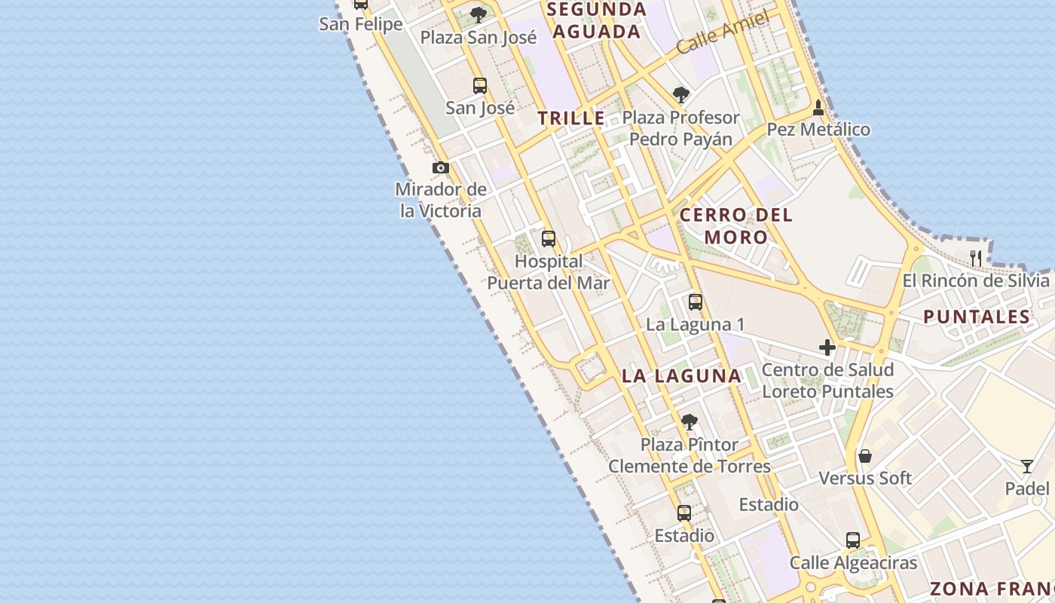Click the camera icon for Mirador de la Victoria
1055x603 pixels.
pyautogui.click(x=441, y=167)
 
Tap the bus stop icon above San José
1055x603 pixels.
pyautogui.click(x=479, y=86)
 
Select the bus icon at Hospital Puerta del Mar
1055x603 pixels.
pyautogui.click(x=549, y=239)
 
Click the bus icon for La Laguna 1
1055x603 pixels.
pyautogui.click(x=695, y=302)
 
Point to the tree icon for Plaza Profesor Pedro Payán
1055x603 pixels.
pyautogui.click(x=681, y=95)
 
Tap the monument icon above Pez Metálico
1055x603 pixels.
pyautogui.click(x=818, y=109)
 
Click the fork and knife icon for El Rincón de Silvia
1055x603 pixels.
pyautogui.click(x=976, y=258)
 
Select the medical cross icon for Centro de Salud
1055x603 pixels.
pyautogui.click(x=827, y=347)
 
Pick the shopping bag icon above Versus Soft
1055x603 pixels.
pyautogui.click(x=865, y=456)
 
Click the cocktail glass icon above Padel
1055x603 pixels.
pyautogui.click(x=1026, y=466)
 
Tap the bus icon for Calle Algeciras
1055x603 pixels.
pyautogui.click(x=853, y=540)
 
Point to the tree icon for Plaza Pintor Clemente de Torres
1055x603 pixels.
pyautogui.click(x=689, y=422)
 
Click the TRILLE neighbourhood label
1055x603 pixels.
pyautogui.click(x=571, y=118)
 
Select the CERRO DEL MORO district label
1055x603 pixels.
pyautogui.click(x=736, y=225)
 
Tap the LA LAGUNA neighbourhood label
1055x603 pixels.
pyautogui.click(x=682, y=375)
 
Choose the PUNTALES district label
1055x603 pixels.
pyautogui.click(x=977, y=317)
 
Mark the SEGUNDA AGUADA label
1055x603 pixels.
pyautogui.click(x=597, y=20)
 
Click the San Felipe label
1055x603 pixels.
pyautogui.click(x=361, y=24)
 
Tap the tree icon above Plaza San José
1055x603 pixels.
pyautogui.click(x=479, y=14)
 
